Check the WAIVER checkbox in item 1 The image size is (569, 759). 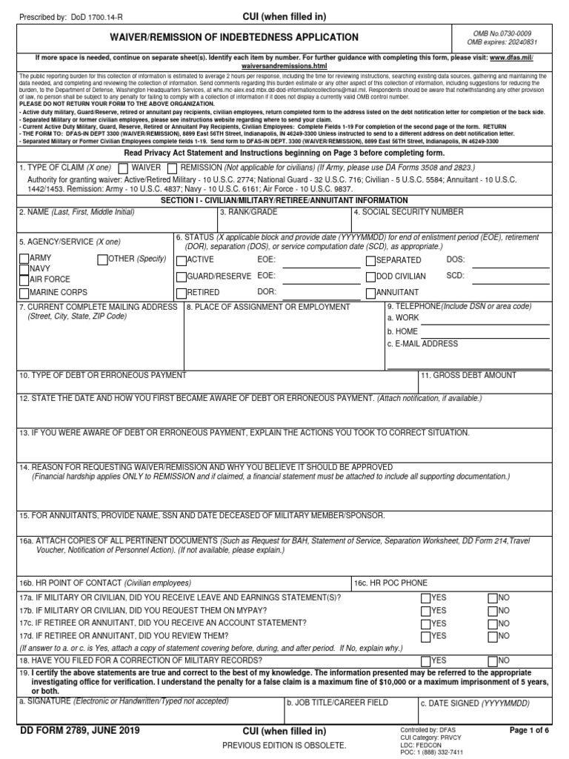click(124, 168)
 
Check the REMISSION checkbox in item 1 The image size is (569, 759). click(172, 168)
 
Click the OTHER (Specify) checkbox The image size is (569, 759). click(102, 259)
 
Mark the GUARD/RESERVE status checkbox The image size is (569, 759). click(181, 276)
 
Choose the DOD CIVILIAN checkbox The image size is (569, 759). click(370, 276)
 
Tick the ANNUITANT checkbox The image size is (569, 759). click(370, 293)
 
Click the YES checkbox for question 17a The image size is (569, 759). click(425, 598)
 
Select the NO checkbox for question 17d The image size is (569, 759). click(493, 636)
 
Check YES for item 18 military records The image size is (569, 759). click(425, 660)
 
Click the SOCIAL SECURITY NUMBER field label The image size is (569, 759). click(407, 212)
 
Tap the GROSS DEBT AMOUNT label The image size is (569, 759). click(469, 376)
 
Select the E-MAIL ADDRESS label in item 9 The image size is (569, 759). click(422, 344)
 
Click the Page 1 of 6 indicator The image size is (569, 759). click(529, 730)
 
